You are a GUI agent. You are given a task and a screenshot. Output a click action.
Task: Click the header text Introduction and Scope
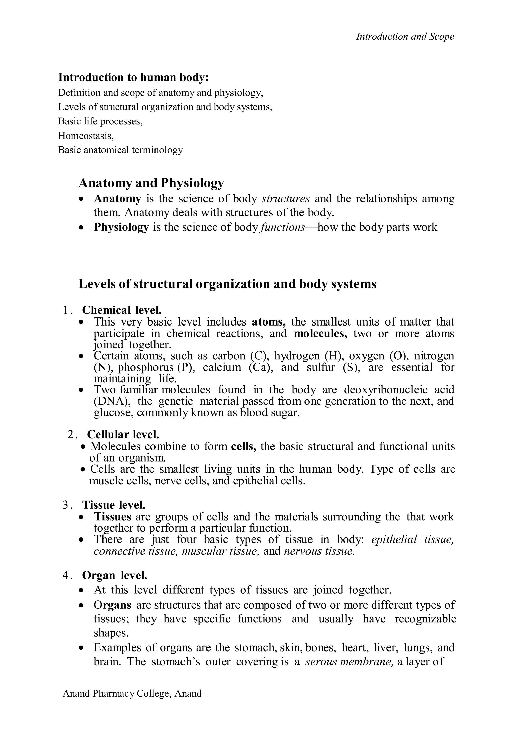tap(405, 37)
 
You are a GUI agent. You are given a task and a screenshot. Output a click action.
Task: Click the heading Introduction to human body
tap(133, 77)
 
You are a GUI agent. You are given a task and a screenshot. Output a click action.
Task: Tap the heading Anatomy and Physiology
tap(151, 183)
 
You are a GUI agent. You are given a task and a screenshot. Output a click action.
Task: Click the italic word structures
tap(286, 199)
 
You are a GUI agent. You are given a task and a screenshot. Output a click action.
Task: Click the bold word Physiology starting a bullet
tap(121, 227)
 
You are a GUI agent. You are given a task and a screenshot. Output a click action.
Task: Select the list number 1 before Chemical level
tap(66, 310)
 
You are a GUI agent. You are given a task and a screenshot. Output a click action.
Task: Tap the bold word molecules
tap(320, 333)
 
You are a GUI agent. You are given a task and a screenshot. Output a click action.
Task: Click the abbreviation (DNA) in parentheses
tap(112, 401)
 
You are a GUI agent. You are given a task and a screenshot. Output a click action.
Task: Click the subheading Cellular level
tap(123, 434)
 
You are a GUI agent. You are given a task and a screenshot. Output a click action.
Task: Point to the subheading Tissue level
tap(114, 505)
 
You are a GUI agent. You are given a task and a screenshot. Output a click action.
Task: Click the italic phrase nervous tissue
tap(319, 551)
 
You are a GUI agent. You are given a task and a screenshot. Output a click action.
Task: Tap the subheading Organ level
tap(114, 575)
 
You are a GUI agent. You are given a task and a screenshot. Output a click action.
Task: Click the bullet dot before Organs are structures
tap(82, 605)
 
